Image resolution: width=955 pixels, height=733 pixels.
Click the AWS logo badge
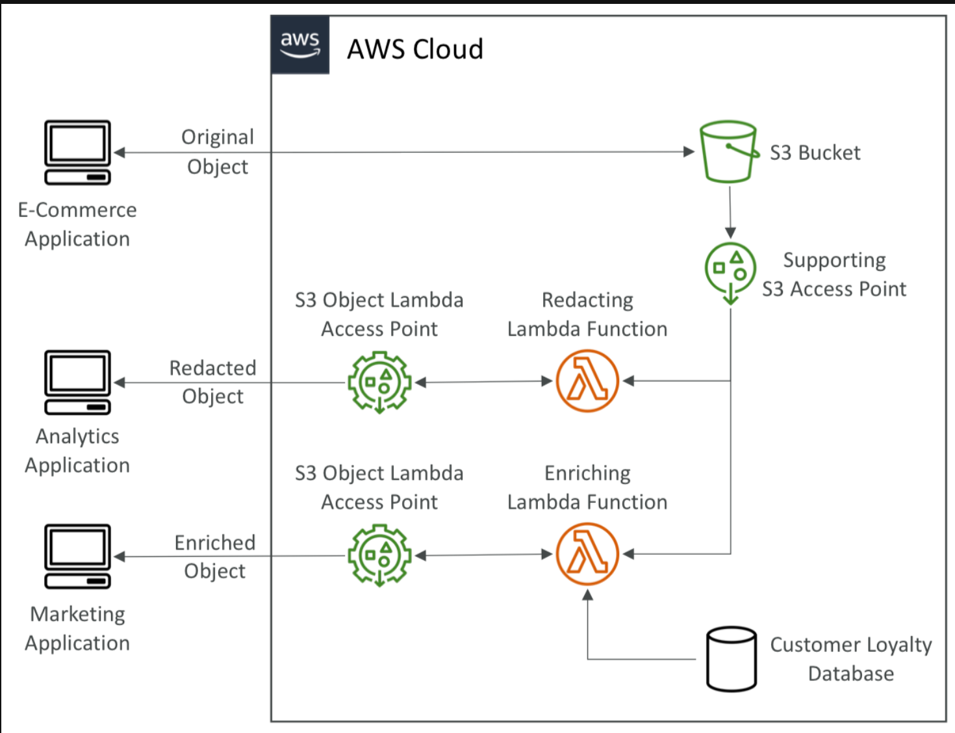[x=300, y=45]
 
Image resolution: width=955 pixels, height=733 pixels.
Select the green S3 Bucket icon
[x=728, y=151]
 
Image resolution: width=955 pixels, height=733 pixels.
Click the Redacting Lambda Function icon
[x=587, y=381]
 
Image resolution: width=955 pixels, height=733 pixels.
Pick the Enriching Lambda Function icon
[x=587, y=554]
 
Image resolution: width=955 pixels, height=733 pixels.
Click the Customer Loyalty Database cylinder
[x=732, y=659]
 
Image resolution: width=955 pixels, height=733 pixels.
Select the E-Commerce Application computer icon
[x=77, y=152]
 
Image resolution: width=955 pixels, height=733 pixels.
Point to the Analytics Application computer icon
[x=77, y=382]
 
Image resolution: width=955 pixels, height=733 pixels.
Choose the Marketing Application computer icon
[x=77, y=556]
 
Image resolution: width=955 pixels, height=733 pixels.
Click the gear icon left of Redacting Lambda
[x=379, y=381]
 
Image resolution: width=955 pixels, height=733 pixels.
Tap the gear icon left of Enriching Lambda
[x=379, y=555]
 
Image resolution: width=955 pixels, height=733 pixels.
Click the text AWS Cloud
[x=415, y=49]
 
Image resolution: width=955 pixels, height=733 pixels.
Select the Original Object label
[x=218, y=151]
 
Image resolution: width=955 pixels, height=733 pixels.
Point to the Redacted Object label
[x=213, y=382]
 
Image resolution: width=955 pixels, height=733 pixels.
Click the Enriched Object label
[x=215, y=556]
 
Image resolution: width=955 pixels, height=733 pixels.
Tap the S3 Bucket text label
[x=815, y=153]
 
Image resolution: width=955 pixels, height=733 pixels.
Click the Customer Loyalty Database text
[x=851, y=659]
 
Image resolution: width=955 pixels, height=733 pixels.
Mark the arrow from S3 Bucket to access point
[x=730, y=212]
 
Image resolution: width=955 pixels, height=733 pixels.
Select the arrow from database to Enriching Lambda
[x=588, y=630]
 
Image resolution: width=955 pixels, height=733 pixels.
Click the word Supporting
[x=834, y=260]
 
